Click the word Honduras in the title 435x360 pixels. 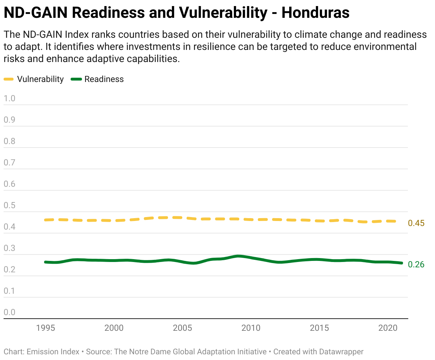(315, 13)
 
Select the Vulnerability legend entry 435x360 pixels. (40, 79)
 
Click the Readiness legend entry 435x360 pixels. (104, 79)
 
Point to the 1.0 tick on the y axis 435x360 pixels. (10, 98)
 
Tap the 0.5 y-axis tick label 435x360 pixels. (10, 205)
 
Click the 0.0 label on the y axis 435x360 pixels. (10, 312)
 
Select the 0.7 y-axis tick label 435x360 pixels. (10, 163)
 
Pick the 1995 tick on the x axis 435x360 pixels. (46, 328)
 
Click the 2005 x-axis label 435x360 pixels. (183, 328)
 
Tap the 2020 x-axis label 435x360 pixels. (388, 328)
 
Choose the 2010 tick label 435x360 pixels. (251, 328)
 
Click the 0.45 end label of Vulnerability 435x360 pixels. (416, 223)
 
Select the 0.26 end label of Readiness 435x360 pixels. (416, 264)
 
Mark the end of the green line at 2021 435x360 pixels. (401, 263)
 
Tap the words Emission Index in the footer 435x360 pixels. (53, 352)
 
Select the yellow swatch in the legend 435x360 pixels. (9, 79)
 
